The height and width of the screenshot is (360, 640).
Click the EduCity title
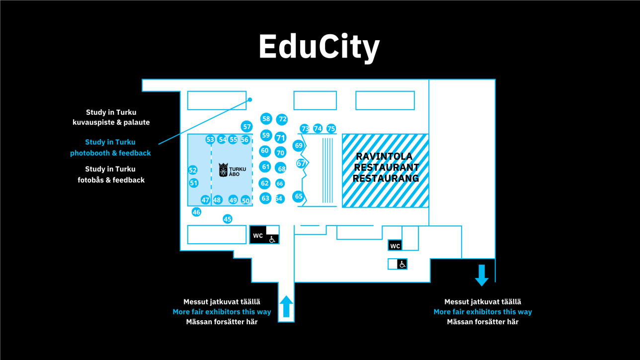pos(319,47)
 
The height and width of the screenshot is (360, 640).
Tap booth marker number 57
pos(247,127)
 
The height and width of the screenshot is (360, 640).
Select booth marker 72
pos(282,119)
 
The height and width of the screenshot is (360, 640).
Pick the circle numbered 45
pos(228,219)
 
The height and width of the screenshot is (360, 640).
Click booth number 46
pos(196,212)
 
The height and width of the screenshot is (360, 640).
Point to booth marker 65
pos(298,196)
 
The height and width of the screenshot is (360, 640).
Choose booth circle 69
pos(298,145)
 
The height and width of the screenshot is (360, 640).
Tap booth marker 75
pos(331,129)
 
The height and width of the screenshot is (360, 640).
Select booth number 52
pos(193,170)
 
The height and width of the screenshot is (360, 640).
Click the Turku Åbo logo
pos(232,170)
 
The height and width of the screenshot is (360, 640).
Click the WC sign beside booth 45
pos(258,235)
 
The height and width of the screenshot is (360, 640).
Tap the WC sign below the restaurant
pos(395,246)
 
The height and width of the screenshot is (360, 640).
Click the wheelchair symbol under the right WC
pos(402,264)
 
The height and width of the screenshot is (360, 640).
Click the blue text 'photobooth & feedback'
pos(110,153)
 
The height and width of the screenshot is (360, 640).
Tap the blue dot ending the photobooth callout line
pos(250,99)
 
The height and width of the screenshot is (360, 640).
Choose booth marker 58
pos(266,119)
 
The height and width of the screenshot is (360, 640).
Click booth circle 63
pos(265,199)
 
